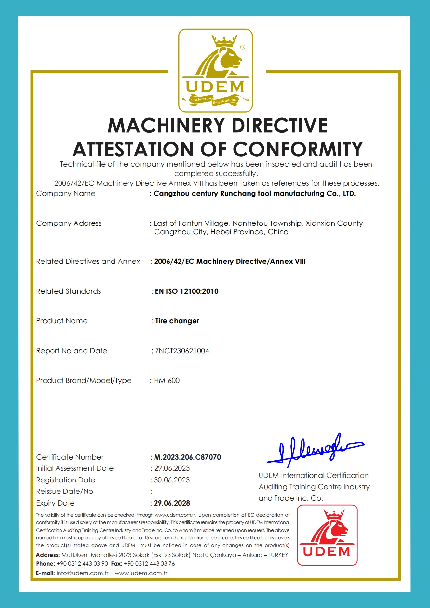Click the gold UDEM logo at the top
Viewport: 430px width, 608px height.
(x=215, y=70)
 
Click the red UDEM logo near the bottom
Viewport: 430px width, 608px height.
(x=327, y=535)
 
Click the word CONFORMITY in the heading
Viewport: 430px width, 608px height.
(x=298, y=149)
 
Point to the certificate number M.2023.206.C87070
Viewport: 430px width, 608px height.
(x=187, y=457)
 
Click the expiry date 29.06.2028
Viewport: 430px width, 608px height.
(x=172, y=503)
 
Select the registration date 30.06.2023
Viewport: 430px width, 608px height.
(x=172, y=480)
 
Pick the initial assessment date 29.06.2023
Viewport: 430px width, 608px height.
(x=172, y=468)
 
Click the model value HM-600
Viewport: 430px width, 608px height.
(x=167, y=380)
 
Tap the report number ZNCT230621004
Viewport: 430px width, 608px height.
(x=182, y=351)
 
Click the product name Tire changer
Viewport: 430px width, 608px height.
(x=177, y=321)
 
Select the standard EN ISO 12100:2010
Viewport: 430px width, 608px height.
(x=186, y=291)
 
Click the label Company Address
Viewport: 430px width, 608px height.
(x=69, y=223)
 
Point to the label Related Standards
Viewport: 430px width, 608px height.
(x=68, y=291)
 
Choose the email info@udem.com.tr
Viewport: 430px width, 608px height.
(x=82, y=573)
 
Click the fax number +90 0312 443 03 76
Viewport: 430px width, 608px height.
(x=149, y=563)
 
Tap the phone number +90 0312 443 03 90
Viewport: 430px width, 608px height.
(x=82, y=563)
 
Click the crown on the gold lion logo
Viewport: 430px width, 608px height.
(x=224, y=41)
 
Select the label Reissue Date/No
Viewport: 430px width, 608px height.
(x=64, y=491)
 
